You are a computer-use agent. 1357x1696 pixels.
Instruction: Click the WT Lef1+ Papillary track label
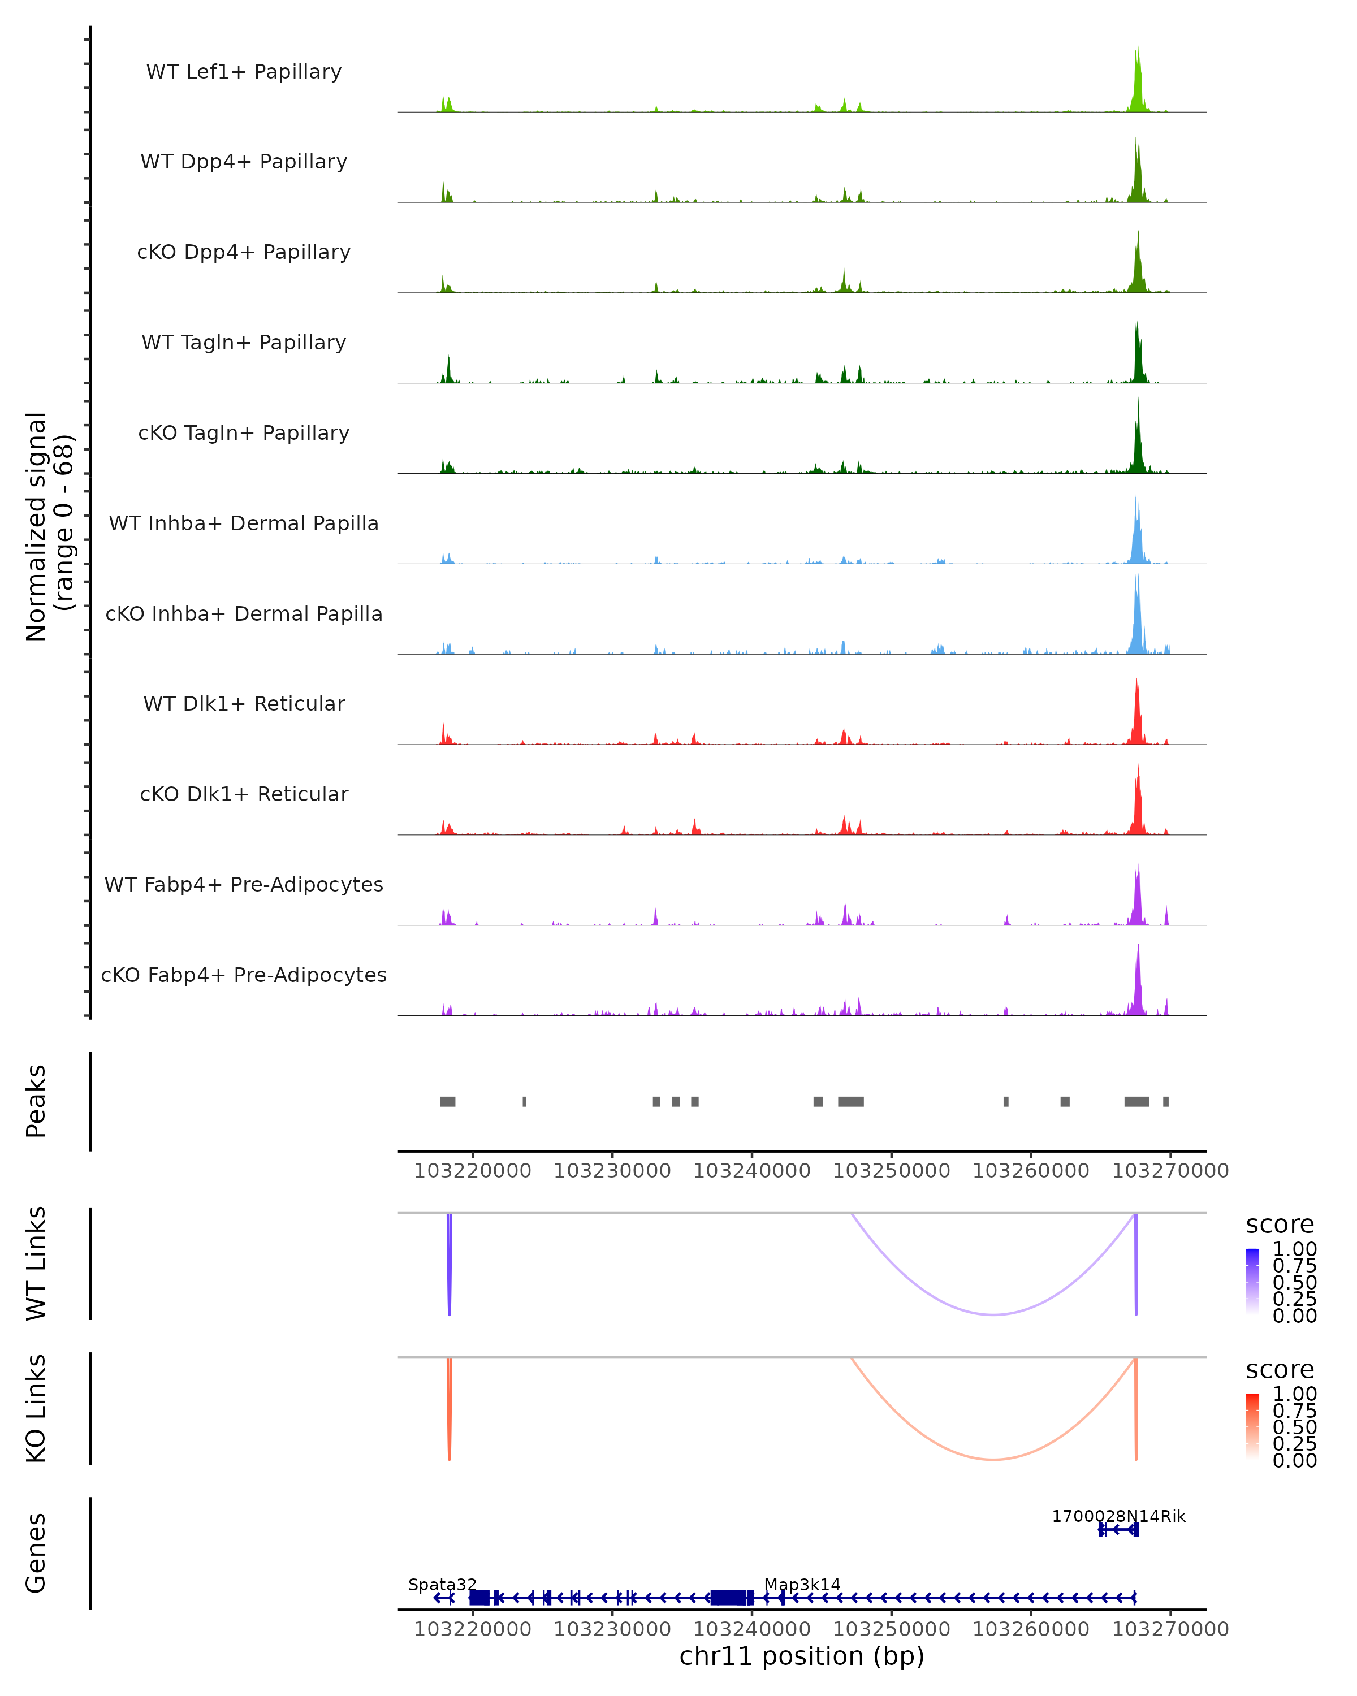[x=244, y=72]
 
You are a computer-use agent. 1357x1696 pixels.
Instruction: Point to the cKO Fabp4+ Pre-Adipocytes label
[x=244, y=975]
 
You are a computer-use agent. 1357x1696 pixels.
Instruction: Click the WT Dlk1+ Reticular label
[x=244, y=703]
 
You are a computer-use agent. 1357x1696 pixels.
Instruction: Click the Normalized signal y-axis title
[x=49, y=526]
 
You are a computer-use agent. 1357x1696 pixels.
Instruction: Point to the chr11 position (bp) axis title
[x=802, y=1656]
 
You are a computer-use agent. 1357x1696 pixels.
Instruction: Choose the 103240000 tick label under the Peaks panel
[x=751, y=1171]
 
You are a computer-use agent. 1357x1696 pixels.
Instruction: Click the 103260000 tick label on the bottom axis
[x=1031, y=1629]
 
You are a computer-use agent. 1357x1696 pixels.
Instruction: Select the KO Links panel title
[x=36, y=1408]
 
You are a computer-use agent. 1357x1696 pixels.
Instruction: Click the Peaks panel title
[x=36, y=1101]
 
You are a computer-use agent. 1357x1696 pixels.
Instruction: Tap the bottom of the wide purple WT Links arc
[x=995, y=1314]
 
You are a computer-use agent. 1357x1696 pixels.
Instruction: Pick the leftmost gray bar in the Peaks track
[x=448, y=1101]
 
